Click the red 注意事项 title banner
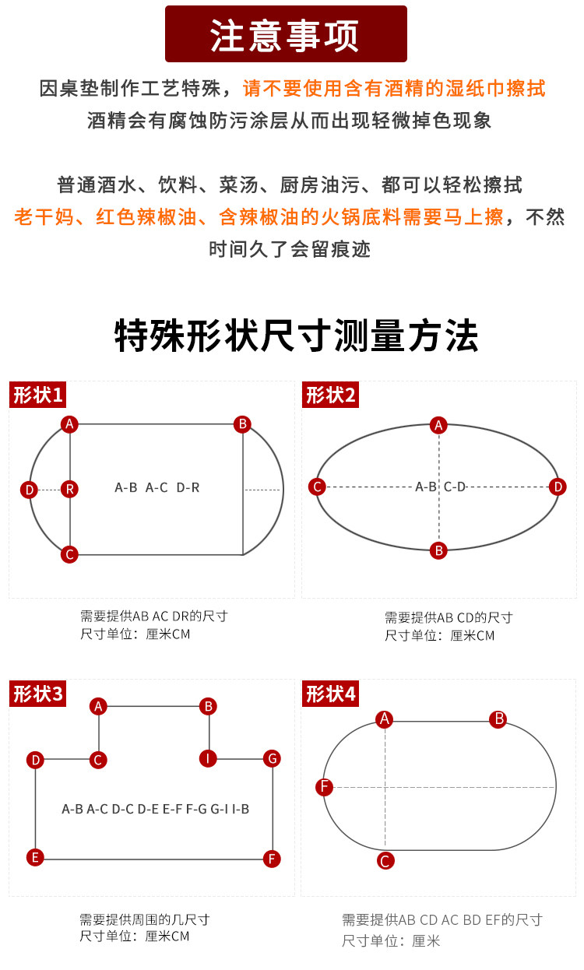pyautogui.click(x=286, y=34)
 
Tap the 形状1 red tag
pyautogui.click(x=37, y=395)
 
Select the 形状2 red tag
pyautogui.click(x=330, y=395)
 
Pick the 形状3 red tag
pyautogui.click(x=37, y=694)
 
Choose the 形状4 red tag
pyautogui.click(x=330, y=694)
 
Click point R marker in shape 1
pyautogui.click(x=70, y=489)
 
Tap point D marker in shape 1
pyautogui.click(x=29, y=490)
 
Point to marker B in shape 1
pyautogui.click(x=243, y=423)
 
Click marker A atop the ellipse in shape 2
pyautogui.click(x=439, y=425)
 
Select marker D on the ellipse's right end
pyautogui.click(x=558, y=487)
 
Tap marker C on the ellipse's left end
pyautogui.click(x=317, y=487)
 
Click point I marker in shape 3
pyautogui.click(x=208, y=758)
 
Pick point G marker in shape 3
pyautogui.click(x=272, y=758)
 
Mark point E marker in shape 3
pyautogui.click(x=34, y=857)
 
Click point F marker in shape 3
pyautogui.click(x=272, y=859)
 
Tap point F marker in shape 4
pyautogui.click(x=325, y=787)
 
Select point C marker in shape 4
pyautogui.click(x=385, y=860)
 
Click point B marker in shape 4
pyautogui.click(x=498, y=719)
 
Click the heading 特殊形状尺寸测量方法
pyautogui.click(x=297, y=336)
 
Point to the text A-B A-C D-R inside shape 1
pyautogui.click(x=157, y=487)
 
